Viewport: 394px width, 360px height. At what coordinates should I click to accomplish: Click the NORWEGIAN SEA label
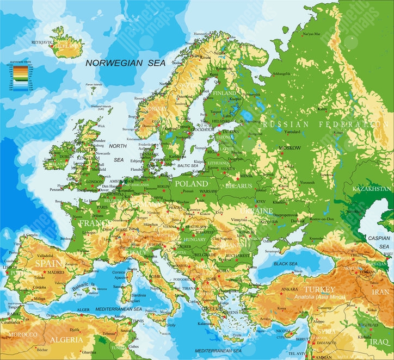tap(126, 63)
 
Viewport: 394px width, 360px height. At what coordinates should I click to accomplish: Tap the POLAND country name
tap(191, 184)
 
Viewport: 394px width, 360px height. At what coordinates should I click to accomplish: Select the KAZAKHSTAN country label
tap(372, 189)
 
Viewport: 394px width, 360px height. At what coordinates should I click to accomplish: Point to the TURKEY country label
tap(319, 289)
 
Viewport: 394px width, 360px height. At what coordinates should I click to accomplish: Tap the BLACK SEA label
tap(285, 264)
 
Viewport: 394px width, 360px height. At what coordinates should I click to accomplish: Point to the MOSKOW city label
tap(289, 148)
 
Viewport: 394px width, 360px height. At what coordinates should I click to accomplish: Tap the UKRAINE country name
tap(256, 210)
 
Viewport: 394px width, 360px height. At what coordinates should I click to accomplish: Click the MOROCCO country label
tap(22, 333)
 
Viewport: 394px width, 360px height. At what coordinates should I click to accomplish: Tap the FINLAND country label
tap(225, 93)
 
